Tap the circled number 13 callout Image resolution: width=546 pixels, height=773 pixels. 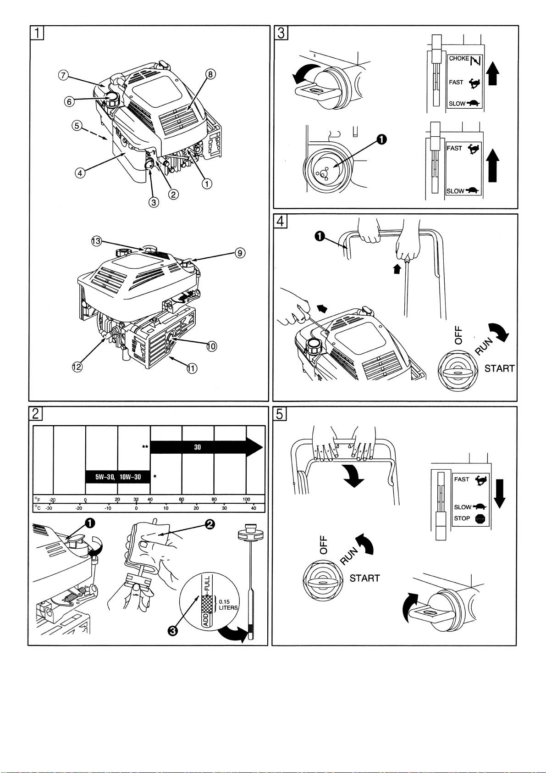pyautogui.click(x=96, y=241)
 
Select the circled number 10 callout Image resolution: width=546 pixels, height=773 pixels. pyautogui.click(x=211, y=346)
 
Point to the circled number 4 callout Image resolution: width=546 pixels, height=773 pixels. pyautogui.click(x=80, y=173)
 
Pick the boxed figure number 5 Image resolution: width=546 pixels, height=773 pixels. pyautogui.click(x=280, y=414)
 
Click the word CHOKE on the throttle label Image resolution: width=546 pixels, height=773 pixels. pyautogui.click(x=458, y=59)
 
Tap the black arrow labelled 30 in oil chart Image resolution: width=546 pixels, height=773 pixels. pyautogui.click(x=206, y=447)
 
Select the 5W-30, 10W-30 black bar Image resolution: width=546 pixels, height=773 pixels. pyautogui.click(x=118, y=477)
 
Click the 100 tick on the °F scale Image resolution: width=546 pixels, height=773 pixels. pyautogui.click(x=247, y=499)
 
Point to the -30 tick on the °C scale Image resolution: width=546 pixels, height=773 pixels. pyautogui.click(x=49, y=508)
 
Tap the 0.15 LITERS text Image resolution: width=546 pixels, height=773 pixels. pyautogui.click(x=228, y=605)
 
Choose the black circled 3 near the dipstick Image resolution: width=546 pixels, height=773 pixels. pyautogui.click(x=172, y=631)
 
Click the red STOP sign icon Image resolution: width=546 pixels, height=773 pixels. pyautogui.click(x=480, y=519)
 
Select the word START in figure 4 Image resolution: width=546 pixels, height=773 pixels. pyautogui.click(x=500, y=368)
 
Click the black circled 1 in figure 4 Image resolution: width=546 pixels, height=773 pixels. pyautogui.click(x=320, y=236)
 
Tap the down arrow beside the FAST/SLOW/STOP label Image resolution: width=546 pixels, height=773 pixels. pyautogui.click(x=500, y=493)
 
